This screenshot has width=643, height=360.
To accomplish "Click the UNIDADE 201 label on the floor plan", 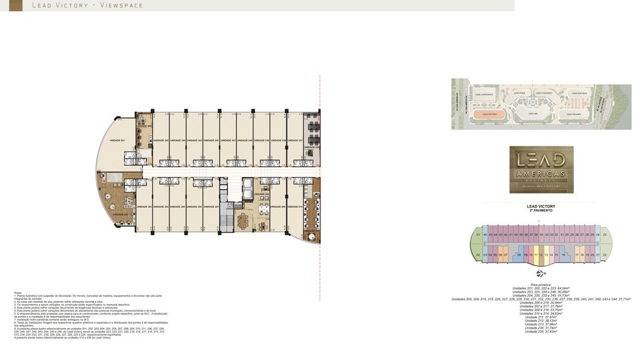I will (117, 140).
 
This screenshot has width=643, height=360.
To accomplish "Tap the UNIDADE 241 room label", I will (229, 140).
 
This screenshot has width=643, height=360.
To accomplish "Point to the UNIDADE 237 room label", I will (296, 140).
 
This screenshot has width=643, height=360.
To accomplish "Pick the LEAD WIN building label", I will (532, 114).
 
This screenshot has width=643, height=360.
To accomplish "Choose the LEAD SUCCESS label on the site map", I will (579, 93).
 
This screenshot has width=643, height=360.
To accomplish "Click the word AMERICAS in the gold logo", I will (541, 173).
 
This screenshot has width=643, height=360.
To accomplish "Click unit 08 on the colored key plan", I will (519, 255).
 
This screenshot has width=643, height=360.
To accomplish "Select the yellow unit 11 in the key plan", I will (536, 255).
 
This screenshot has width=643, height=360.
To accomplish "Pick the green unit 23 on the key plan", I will (605, 235).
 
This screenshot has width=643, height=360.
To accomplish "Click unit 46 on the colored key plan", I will (485, 235).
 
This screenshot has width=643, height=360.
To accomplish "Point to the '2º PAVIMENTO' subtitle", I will (541, 210).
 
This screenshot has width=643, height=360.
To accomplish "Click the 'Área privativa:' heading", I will (541, 285).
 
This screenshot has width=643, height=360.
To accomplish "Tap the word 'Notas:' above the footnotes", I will (18, 292).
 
